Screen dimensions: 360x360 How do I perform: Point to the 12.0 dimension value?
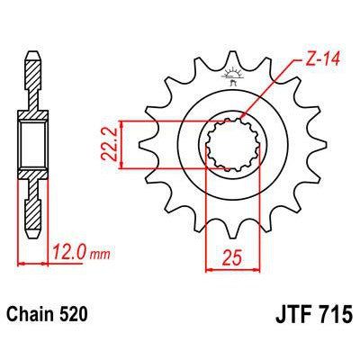coord(70,252)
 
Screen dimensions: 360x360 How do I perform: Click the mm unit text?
coord(101,255)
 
